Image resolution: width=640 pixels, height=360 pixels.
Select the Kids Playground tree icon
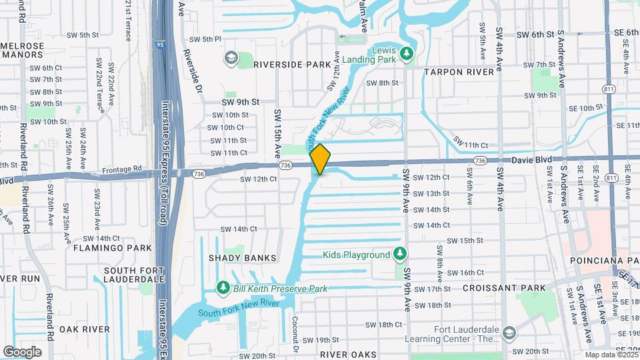tap(399, 254)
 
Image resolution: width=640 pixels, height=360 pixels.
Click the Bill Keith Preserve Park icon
tap(223, 288)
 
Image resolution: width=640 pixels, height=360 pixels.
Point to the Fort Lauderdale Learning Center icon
tap(509, 333)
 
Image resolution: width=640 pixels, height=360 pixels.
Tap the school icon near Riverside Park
tap(231, 59)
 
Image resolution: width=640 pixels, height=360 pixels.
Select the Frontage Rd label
tap(123, 170)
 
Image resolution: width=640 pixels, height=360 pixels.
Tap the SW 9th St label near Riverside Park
tap(239, 102)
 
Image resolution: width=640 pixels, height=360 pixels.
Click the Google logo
tap(22, 352)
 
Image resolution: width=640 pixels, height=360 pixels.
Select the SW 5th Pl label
tap(205, 39)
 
